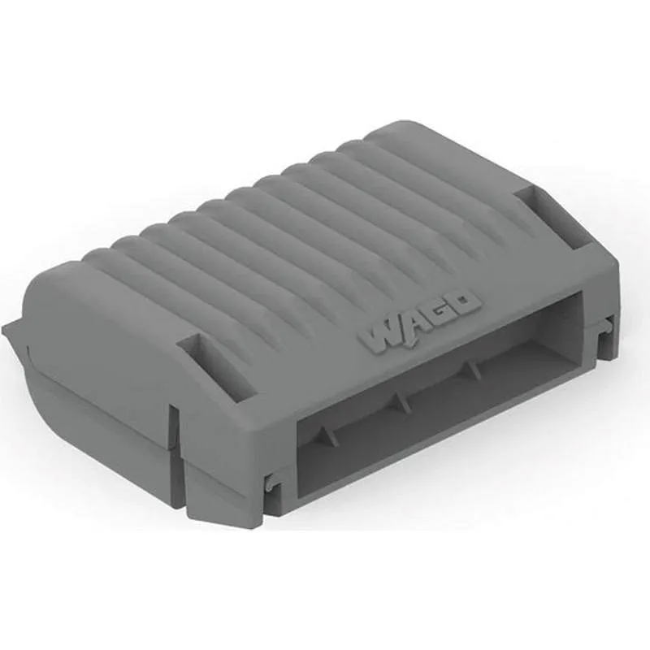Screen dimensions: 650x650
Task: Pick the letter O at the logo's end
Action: point(466,305)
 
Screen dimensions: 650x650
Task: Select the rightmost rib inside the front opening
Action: point(470,368)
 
